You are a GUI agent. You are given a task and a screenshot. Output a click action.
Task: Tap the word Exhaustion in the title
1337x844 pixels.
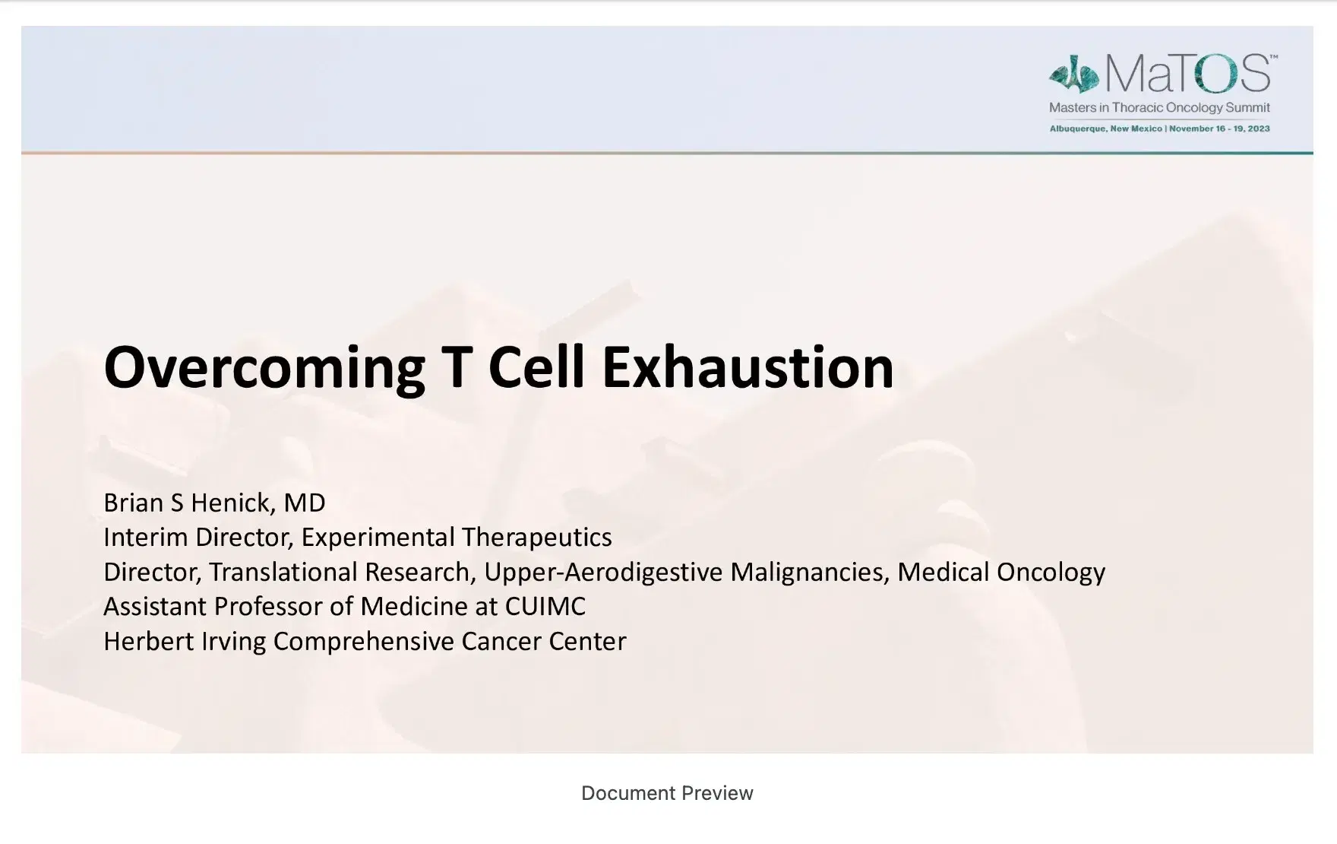click(748, 367)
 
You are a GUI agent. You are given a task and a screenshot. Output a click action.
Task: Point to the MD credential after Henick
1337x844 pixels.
click(305, 503)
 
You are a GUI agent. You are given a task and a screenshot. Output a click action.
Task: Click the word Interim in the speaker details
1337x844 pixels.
click(146, 538)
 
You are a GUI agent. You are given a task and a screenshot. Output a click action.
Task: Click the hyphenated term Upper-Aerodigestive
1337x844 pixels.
click(603, 573)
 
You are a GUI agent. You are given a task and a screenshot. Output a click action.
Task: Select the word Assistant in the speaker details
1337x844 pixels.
click(155, 607)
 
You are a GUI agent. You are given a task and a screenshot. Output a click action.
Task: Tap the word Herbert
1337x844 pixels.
click(148, 641)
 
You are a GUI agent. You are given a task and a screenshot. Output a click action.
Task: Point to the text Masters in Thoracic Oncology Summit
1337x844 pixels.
click(1159, 108)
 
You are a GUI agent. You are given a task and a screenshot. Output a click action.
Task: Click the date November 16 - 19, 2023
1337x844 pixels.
click(1219, 129)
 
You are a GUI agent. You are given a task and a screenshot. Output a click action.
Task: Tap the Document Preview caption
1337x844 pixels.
click(667, 793)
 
